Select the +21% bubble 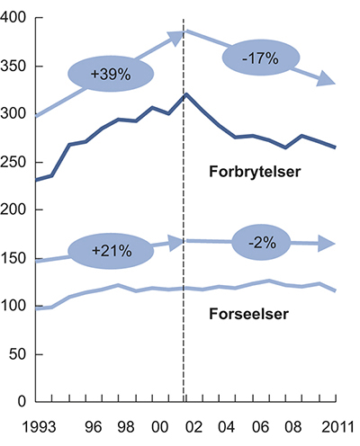pos(112,247)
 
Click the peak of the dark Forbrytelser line pos(184,94)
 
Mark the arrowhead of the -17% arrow pos(329,83)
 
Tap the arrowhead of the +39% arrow pos(176,34)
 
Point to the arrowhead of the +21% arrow pos(176,240)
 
